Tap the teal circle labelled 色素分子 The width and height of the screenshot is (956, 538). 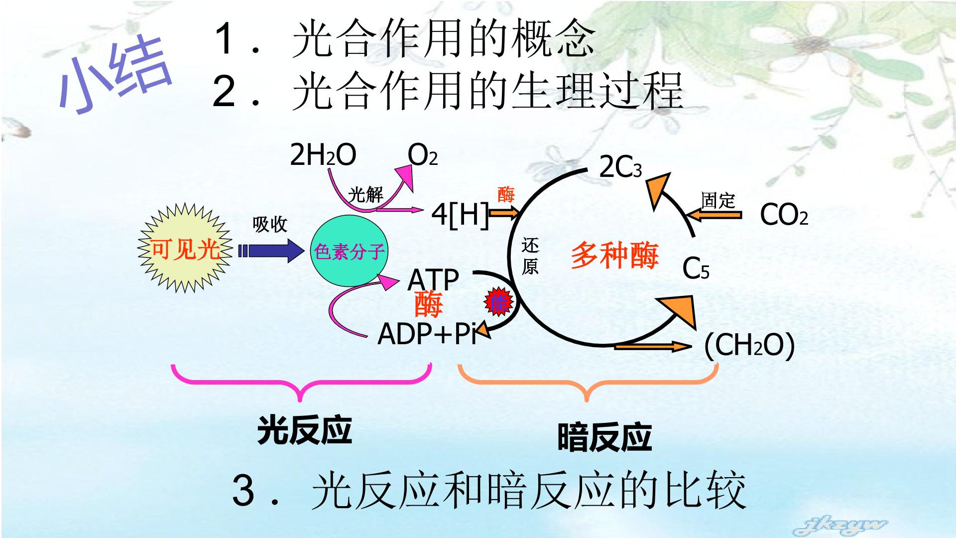(x=348, y=251)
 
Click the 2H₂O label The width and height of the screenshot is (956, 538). (x=323, y=155)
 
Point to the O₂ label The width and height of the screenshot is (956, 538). (x=423, y=155)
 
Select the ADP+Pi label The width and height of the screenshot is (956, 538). (x=427, y=333)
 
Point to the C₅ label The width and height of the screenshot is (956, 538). (x=696, y=269)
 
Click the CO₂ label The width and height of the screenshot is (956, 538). (x=784, y=215)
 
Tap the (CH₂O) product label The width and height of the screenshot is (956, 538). (x=749, y=345)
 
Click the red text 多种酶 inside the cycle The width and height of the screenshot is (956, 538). (x=614, y=256)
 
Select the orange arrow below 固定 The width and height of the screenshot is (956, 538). (x=714, y=215)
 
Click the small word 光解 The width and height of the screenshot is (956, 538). (x=365, y=195)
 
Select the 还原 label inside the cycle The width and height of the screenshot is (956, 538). (x=530, y=257)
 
